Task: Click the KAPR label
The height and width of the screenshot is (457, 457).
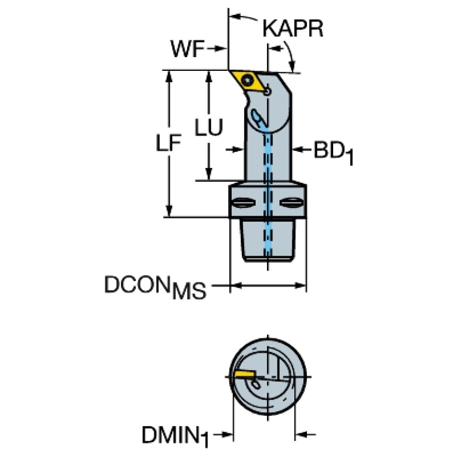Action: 293,29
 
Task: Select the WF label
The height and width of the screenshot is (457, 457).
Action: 187,50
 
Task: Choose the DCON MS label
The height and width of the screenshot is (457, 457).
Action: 156,287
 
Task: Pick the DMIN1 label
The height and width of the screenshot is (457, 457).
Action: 174,436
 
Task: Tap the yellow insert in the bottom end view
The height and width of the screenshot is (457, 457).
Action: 244,374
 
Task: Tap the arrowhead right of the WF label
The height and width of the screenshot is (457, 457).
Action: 222,50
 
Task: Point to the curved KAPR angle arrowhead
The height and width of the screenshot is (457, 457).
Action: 293,67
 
